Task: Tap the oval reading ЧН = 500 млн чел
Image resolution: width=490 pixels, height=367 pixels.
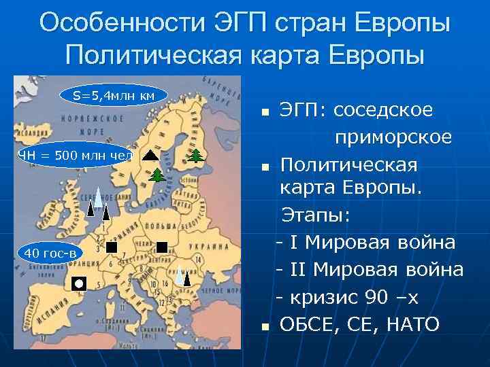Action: tap(74, 154)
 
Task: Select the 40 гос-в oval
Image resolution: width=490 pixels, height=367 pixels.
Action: tap(52, 254)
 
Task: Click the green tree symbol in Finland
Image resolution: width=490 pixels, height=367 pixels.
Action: tap(196, 156)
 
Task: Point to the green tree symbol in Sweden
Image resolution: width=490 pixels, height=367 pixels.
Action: tap(157, 175)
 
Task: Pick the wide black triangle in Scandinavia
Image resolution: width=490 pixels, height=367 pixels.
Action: tap(151, 154)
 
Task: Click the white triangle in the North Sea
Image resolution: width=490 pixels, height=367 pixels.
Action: tap(98, 196)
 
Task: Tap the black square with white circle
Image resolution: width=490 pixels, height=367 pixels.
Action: tap(79, 283)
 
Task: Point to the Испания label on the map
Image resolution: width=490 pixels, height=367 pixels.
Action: tap(40, 317)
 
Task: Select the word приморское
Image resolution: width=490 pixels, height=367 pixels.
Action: tap(393, 137)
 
